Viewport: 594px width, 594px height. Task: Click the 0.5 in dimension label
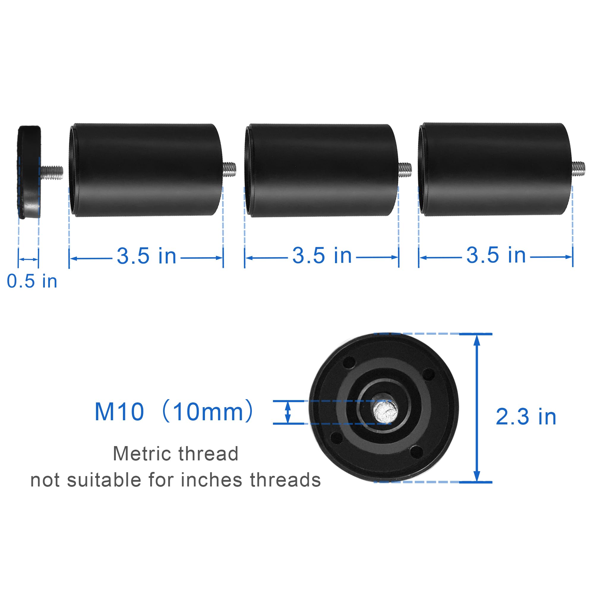coord(32,281)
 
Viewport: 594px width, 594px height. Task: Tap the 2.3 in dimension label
coord(526,417)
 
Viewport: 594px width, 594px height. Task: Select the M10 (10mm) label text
coord(174,412)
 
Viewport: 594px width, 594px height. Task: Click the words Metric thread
coord(176,454)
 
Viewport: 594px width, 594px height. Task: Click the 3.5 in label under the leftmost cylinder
coord(146,256)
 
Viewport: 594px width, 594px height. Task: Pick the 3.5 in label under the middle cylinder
coord(322,255)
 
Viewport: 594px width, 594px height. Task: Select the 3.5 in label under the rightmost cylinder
coord(496,255)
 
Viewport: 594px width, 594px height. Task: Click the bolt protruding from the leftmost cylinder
coord(229,169)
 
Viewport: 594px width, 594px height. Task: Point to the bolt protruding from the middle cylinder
coord(405,170)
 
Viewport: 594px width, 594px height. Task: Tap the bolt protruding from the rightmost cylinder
coord(578,168)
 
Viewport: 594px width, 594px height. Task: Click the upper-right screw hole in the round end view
coord(429,375)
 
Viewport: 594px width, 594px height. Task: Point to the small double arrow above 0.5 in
coord(28,260)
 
